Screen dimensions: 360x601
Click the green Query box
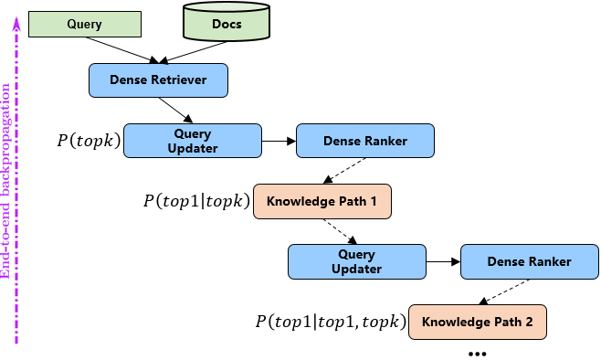85,24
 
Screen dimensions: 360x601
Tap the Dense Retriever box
157,80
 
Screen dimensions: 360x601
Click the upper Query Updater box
192,141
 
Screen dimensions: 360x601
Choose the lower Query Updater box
356,261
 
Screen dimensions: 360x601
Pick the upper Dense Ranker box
364,141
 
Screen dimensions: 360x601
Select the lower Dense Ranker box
529,261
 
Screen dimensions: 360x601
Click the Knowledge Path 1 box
322,200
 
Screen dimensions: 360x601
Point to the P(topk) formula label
89,142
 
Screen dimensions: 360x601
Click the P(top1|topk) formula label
195,201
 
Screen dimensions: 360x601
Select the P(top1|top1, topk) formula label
330,322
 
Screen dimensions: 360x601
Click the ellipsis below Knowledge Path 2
477,353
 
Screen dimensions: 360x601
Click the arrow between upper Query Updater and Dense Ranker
278,141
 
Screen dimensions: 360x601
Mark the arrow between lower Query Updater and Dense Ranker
442,261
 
